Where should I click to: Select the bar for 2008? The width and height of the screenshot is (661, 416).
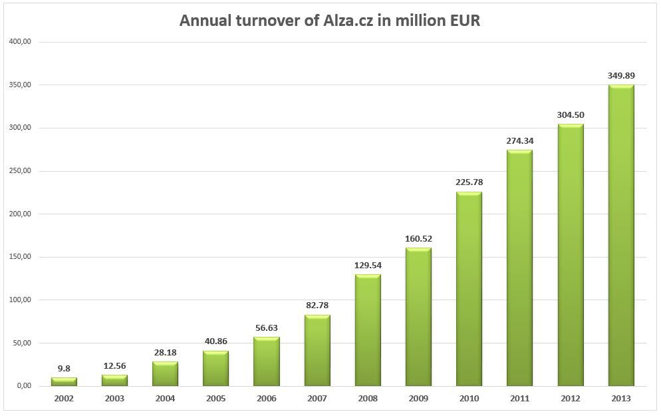coord(368,330)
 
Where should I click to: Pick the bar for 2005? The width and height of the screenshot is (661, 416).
coord(215,368)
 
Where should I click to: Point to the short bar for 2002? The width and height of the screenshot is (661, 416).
coord(64,382)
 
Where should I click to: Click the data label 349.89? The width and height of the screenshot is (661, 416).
coord(621,75)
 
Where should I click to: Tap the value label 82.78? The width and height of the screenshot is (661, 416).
coord(317,306)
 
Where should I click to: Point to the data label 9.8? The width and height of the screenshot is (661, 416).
coord(64,368)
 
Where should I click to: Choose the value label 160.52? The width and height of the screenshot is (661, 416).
coord(418,238)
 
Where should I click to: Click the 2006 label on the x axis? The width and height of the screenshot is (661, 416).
coord(266,399)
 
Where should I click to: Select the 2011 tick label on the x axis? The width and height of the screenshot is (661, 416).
coord(519,399)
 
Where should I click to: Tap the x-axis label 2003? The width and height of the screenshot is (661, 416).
coord(114,399)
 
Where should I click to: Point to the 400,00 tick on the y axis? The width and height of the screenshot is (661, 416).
coord(21,42)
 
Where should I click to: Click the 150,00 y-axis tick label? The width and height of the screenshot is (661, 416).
coord(21,257)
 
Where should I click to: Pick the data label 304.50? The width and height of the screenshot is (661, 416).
coord(571,114)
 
